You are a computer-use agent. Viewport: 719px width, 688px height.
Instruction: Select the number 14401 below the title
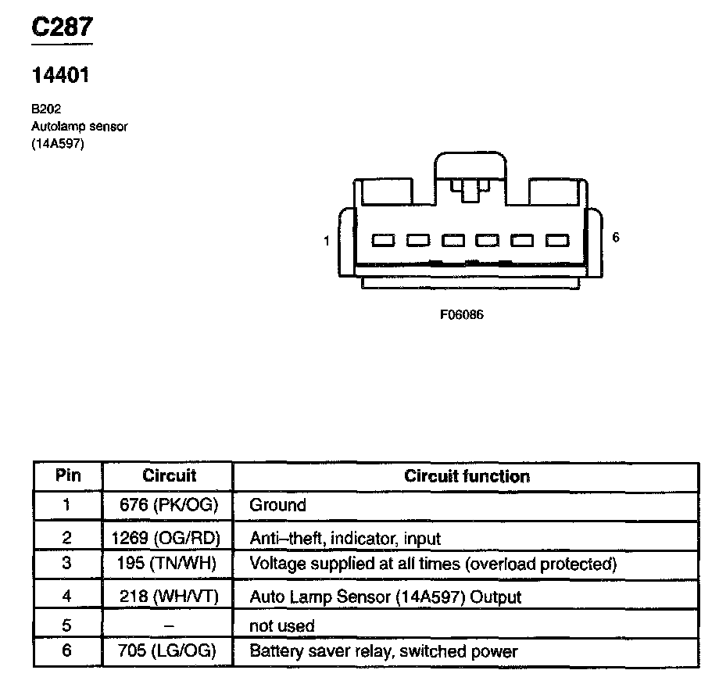[x=60, y=76]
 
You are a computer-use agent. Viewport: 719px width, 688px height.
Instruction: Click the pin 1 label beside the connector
[x=327, y=241]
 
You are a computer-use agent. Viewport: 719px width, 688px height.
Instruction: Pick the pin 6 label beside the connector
[x=616, y=238]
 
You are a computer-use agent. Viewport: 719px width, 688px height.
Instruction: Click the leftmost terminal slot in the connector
[x=383, y=242]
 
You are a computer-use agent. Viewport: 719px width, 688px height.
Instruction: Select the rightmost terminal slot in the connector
[x=557, y=242]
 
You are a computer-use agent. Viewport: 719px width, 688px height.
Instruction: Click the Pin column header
[x=68, y=475]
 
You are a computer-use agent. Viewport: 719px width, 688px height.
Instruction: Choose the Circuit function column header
[x=467, y=475]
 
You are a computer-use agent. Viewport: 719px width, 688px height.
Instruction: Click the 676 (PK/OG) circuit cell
[x=169, y=505]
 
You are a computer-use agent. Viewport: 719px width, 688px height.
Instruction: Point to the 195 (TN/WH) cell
[x=168, y=563]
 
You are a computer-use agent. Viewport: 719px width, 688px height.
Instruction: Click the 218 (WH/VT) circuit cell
[x=169, y=597]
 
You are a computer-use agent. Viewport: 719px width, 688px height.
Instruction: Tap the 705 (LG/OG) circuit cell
[x=168, y=650]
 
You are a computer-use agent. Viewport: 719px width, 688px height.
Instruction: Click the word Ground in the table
[x=277, y=505]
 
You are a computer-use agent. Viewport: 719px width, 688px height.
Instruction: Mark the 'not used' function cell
[x=281, y=625]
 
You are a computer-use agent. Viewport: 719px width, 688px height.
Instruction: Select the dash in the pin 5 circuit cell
[x=168, y=625]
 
